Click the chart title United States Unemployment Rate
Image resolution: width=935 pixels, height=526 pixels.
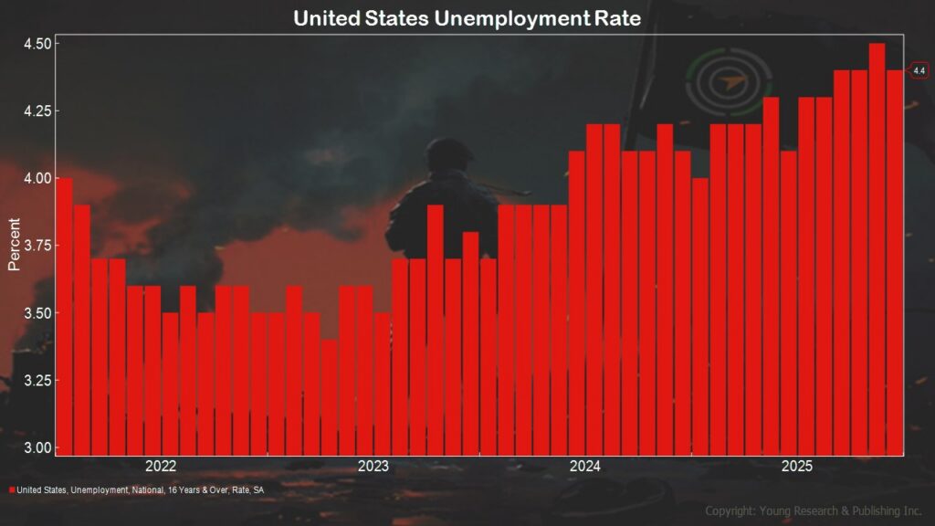[467, 17]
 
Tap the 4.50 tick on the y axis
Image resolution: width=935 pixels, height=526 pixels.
[37, 44]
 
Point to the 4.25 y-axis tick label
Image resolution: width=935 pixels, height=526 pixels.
[37, 111]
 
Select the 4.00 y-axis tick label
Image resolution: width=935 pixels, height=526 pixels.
[37, 178]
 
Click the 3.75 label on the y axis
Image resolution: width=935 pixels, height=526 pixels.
[37, 246]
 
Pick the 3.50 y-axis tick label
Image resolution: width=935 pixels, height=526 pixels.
[37, 313]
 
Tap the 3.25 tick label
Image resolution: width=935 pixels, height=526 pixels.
[37, 380]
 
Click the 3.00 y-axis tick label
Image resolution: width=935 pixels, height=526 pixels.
[37, 447]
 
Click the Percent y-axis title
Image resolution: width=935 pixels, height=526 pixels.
[14, 245]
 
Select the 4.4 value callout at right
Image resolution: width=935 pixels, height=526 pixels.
[919, 70]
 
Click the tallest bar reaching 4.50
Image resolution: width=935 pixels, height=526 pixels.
[877, 247]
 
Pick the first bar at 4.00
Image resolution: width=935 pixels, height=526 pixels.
[64, 315]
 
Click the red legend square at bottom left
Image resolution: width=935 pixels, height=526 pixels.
[12, 490]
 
